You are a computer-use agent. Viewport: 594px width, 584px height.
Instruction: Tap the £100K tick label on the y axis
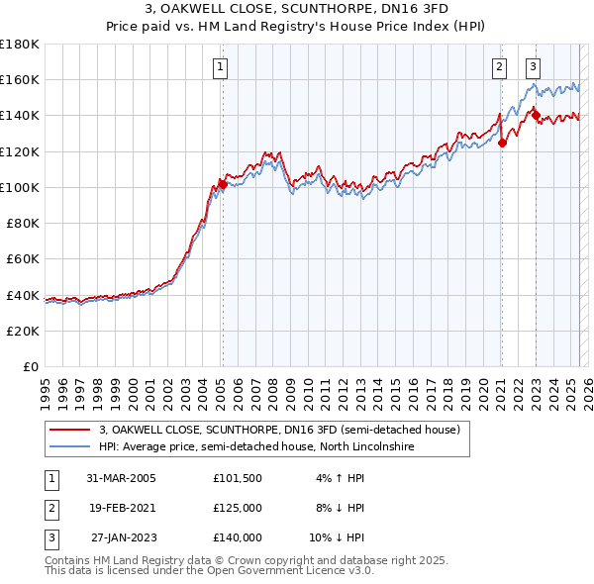[20, 187]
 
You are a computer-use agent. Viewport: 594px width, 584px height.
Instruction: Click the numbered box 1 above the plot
[220, 67]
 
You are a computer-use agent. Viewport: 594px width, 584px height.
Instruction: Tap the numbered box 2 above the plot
[499, 67]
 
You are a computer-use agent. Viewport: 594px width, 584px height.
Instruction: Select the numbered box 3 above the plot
[534, 67]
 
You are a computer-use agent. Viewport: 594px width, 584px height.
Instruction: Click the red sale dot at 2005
[223, 184]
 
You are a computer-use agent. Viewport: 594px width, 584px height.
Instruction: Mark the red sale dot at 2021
[502, 143]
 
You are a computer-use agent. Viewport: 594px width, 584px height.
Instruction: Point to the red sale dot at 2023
[536, 116]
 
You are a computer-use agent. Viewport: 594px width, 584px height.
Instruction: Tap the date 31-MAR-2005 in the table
[121, 478]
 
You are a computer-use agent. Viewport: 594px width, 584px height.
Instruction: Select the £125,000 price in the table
[238, 508]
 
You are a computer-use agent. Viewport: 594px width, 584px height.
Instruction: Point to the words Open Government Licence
[295, 570]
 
